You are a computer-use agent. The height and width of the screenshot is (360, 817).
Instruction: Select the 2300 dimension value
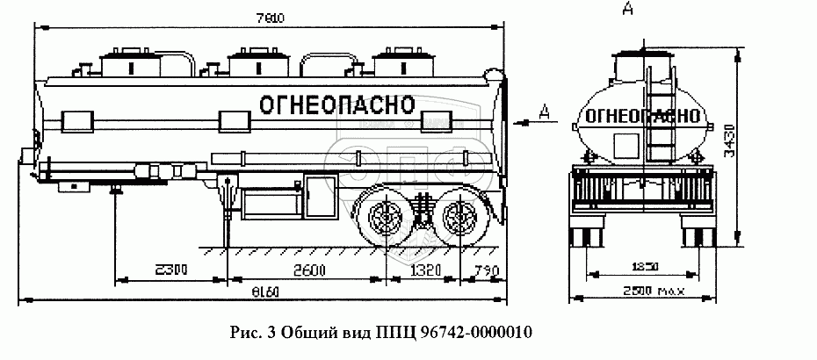tap(170, 270)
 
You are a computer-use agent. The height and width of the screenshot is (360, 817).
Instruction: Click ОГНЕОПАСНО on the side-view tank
tap(336, 104)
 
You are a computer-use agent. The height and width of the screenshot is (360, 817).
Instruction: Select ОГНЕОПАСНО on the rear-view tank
tap(643, 115)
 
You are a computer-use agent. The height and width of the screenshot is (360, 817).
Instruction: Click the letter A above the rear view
tap(627, 10)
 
